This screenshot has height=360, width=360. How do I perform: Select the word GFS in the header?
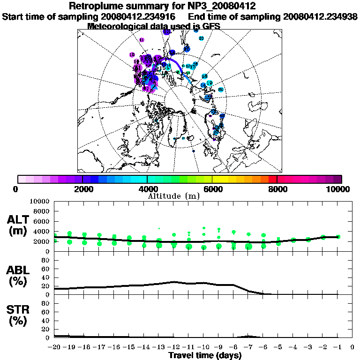point(210,26)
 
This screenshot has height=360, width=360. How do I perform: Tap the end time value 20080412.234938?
point(321,16)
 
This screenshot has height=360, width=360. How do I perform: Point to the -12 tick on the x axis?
point(174,347)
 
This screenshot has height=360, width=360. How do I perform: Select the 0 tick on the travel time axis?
point(352,347)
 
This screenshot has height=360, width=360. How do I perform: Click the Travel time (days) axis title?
point(205,356)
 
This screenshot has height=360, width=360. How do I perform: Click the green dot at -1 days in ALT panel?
point(338,237)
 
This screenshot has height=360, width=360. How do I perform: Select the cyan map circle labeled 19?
point(209,83)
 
